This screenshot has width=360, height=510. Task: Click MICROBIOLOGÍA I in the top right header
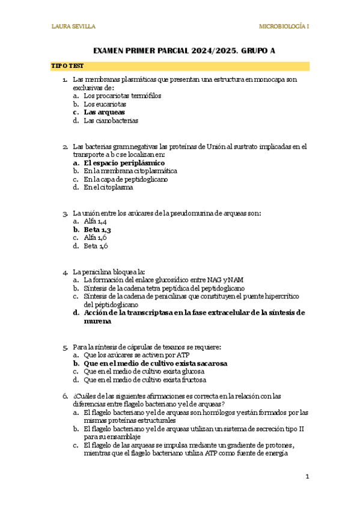click(284, 26)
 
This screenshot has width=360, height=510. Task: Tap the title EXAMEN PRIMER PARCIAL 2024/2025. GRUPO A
click(180, 51)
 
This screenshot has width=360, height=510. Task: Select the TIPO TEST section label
click(67, 66)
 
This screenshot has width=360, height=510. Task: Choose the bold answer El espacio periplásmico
click(124, 162)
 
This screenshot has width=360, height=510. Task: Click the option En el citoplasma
click(108, 187)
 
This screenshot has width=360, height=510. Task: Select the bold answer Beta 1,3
click(97, 229)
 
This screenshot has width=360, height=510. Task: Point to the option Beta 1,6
click(96, 246)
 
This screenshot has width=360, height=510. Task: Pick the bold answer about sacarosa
click(156, 363)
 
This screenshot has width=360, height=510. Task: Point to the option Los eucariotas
click(105, 103)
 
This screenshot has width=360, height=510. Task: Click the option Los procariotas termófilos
click(122, 95)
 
